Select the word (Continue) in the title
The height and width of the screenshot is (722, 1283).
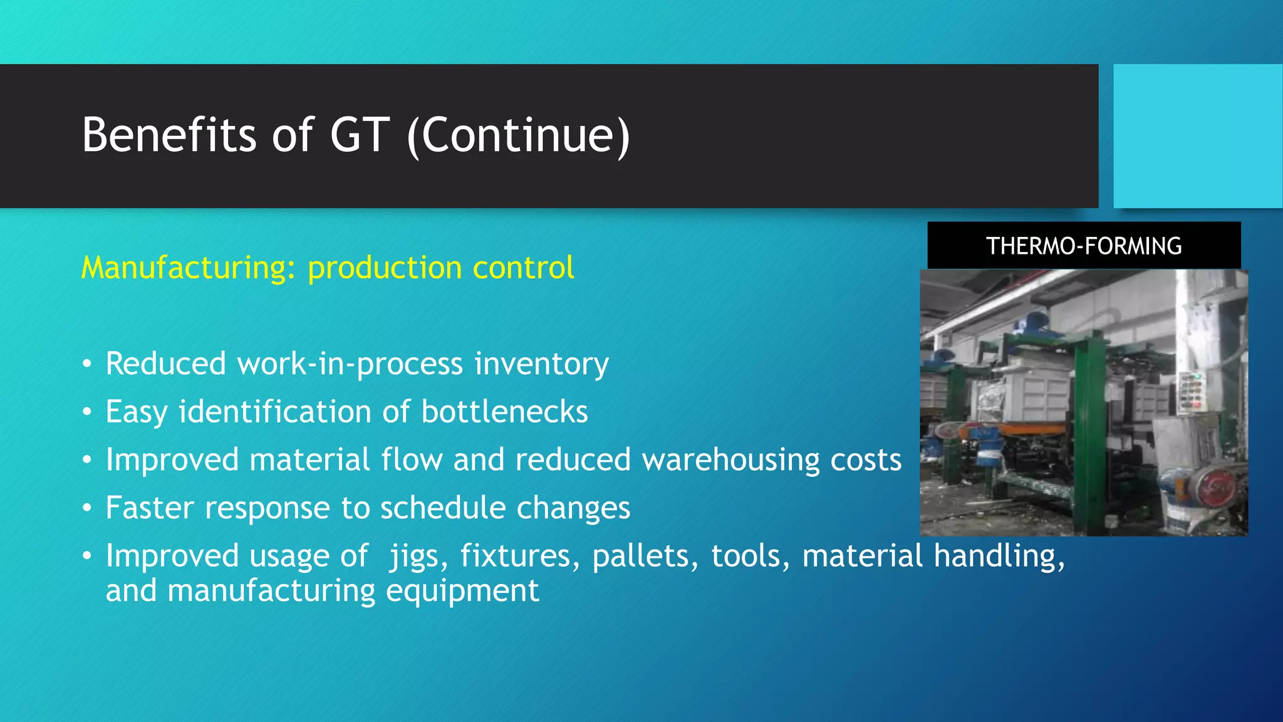(x=518, y=136)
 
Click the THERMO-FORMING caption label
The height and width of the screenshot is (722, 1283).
(x=1084, y=246)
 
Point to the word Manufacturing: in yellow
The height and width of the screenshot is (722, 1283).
(x=189, y=268)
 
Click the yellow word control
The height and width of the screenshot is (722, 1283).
(x=523, y=268)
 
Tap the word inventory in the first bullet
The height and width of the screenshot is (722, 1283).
(x=541, y=364)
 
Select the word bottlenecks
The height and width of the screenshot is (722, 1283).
(x=504, y=412)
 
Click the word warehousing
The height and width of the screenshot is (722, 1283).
(x=730, y=460)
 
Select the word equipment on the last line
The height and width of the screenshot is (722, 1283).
(x=462, y=591)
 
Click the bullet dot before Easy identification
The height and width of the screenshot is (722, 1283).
(x=87, y=412)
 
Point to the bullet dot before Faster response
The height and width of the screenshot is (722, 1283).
(x=87, y=508)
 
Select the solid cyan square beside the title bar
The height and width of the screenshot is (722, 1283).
(x=1197, y=136)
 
